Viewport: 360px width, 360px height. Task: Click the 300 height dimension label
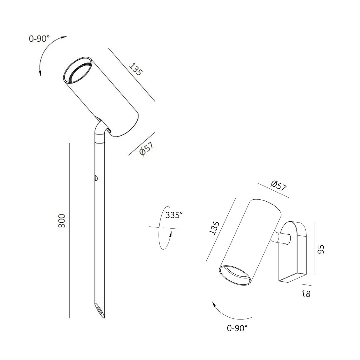pyautogui.click(x=62, y=221)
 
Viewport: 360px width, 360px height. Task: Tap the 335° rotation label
pyautogui.click(x=174, y=215)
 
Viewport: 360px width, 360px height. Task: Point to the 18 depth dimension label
pyautogui.click(x=306, y=294)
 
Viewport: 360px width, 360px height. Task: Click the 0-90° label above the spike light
pyautogui.click(x=39, y=39)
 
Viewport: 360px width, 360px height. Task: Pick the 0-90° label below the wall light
pyautogui.click(x=237, y=328)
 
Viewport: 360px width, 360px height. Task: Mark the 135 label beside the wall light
pyautogui.click(x=214, y=228)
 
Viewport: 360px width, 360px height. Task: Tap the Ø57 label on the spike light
pyautogui.click(x=146, y=148)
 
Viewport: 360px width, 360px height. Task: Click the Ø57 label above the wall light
pyautogui.click(x=278, y=186)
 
